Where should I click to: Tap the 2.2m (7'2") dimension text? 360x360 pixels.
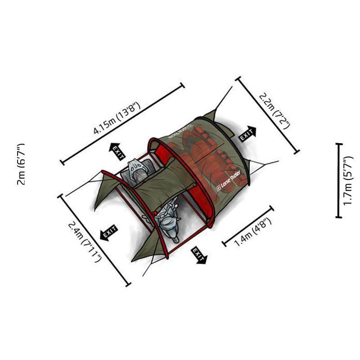[x=274, y=111]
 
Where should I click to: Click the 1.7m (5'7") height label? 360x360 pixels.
[x=348, y=181]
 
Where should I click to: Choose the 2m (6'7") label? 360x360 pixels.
[x=21, y=164]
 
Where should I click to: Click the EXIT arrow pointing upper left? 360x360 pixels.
[x=117, y=152]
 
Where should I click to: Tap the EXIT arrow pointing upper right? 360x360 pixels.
[x=248, y=134]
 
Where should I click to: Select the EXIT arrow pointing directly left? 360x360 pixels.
[x=109, y=233]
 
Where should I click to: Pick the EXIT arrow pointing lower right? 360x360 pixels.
[x=199, y=255]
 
